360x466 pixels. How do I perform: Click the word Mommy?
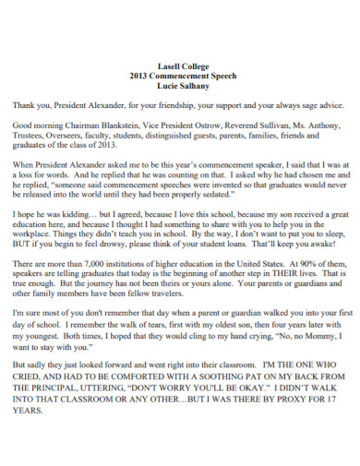point(301,341)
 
